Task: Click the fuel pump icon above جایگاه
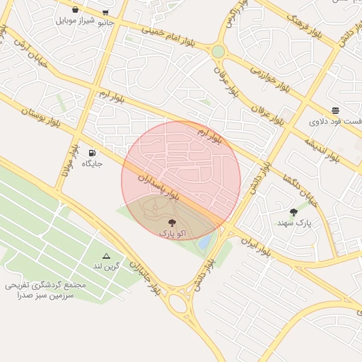click(92, 153)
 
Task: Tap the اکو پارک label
click(168, 232)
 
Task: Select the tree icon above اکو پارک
click(173, 222)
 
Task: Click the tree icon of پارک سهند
click(293, 212)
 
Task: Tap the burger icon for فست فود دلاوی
click(334, 110)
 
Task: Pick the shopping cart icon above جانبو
click(105, 12)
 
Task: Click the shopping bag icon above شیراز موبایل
click(75, 10)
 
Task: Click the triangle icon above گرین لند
click(106, 256)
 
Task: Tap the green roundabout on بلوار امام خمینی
click(218, 52)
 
